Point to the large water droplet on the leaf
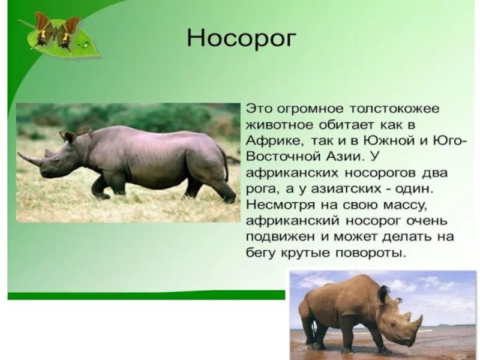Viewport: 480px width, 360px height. [x=85, y=45]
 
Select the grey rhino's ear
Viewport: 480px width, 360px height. [x=68, y=137]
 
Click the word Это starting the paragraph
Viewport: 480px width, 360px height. [x=259, y=109]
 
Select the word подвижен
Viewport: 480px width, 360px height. [x=279, y=237]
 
